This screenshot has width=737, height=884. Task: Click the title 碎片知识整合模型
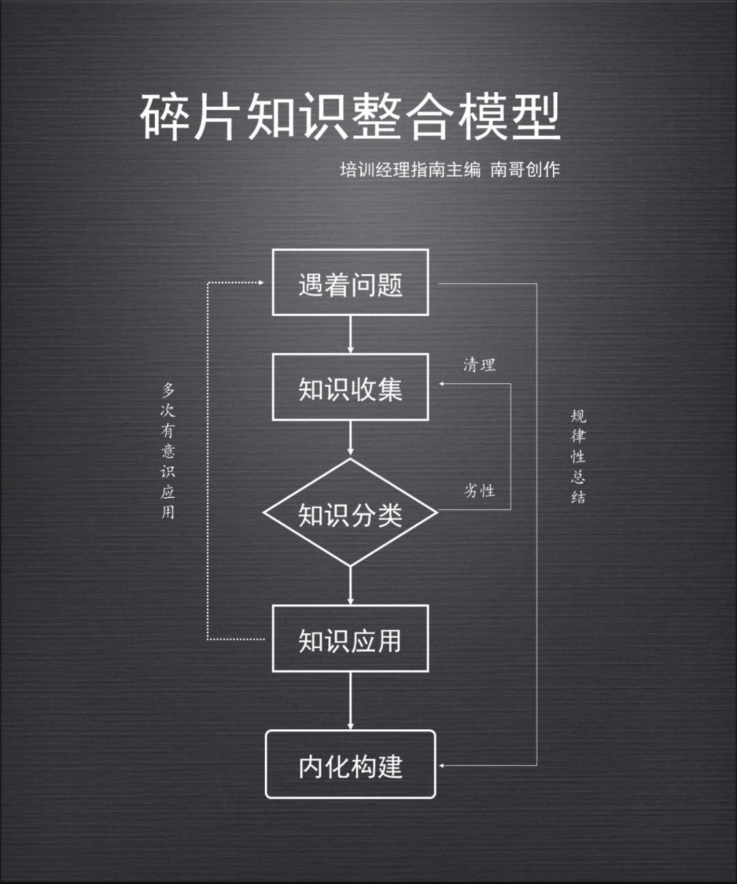coord(350,117)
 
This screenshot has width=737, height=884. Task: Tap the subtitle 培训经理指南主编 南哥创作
coord(450,169)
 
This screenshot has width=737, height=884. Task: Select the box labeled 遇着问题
coord(350,283)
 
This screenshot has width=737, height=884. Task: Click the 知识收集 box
coord(350,387)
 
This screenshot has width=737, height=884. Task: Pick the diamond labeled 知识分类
coord(350,514)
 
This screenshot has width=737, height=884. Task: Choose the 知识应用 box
coord(350,639)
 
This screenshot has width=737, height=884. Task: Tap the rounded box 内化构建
coord(350,765)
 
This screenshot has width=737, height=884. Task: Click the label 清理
coord(479,365)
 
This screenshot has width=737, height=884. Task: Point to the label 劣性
coord(479,490)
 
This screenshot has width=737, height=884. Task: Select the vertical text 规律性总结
coord(578,456)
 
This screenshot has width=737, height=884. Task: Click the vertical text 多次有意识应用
coord(168,451)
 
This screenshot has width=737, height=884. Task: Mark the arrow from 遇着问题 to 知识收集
coord(350,334)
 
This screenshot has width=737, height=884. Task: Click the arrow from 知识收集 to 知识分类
coord(350,439)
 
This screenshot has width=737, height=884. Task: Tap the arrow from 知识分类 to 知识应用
coord(350,585)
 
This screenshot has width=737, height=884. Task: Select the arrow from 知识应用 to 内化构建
coord(350,701)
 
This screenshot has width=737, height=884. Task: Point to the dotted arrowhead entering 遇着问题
coord(261,282)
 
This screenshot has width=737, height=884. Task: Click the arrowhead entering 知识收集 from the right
coord(442,384)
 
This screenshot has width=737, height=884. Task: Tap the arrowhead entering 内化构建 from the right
coord(442,765)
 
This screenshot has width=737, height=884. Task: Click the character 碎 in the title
coord(166,117)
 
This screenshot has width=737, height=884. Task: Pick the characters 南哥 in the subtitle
coord(507,169)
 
